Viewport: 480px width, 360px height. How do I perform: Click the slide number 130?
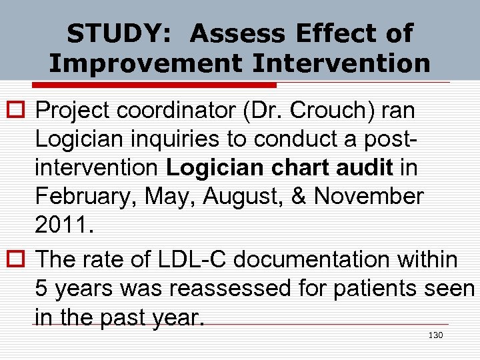pos(435,335)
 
